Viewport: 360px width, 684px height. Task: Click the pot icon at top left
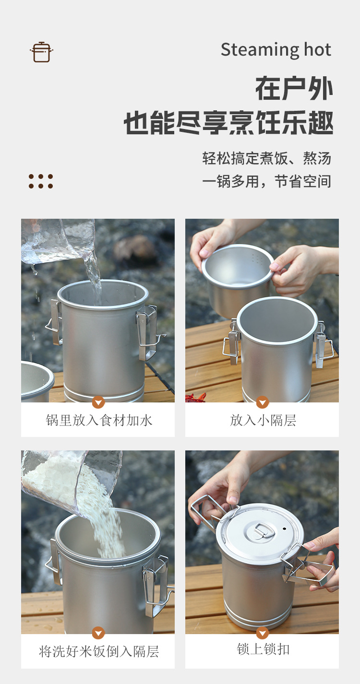point(41,52)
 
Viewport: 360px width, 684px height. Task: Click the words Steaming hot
point(276,50)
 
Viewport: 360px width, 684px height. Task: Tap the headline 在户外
point(294,89)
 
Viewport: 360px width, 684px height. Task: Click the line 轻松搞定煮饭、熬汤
point(266,158)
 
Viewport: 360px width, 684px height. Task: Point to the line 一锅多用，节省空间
point(266,181)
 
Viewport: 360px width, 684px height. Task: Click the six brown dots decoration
point(41,181)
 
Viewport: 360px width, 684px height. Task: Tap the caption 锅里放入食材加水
point(99,421)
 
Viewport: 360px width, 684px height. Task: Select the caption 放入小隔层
point(263,421)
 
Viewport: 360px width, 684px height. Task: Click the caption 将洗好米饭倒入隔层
point(99,651)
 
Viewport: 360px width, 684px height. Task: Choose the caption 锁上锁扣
point(263,649)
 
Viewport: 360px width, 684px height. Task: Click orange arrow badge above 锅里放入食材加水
point(98,402)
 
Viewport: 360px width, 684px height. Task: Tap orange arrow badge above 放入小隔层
point(263,402)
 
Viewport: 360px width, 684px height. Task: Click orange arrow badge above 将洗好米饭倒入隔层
point(98,633)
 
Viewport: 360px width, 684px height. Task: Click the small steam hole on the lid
point(284,529)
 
